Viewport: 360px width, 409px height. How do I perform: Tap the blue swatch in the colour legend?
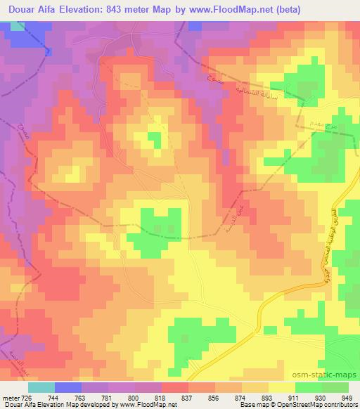(68, 387)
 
